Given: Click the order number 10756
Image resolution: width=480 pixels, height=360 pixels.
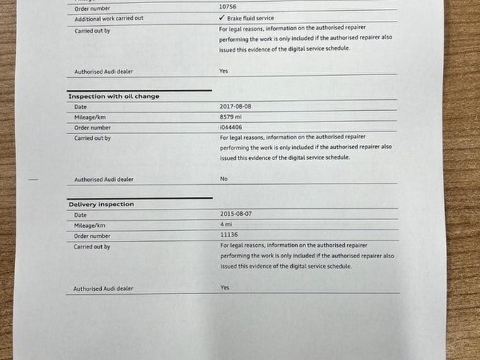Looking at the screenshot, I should tap(228, 7).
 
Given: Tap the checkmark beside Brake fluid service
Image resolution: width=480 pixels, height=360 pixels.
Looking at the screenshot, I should tap(221, 18).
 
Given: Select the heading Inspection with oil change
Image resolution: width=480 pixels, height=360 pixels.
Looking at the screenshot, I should tap(113, 97).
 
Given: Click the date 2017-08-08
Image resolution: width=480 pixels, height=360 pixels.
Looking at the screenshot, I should tap(235, 107).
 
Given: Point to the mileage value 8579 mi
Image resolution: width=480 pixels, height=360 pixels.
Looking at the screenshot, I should tap(232, 117).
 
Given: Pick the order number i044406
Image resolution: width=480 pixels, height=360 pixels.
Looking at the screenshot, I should tap(231, 127).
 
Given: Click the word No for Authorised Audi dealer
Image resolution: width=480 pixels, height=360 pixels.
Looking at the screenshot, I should tap(224, 179).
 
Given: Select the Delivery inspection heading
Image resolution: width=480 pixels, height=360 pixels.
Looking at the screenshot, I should tap(101, 204).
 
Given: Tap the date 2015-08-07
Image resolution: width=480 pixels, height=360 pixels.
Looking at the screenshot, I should tap(236, 214).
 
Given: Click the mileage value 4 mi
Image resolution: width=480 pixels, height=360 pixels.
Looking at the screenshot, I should tap(226, 224).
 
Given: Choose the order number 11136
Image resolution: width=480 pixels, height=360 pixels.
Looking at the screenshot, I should tap(229, 235).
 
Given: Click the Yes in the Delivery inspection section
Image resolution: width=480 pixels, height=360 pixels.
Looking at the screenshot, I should tap(225, 287).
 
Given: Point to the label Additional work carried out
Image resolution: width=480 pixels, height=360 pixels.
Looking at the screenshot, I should tap(109, 18).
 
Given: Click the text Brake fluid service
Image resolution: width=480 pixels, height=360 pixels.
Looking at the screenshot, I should tap(250, 18).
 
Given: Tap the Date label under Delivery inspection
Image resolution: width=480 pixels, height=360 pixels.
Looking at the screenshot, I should tap(80, 215).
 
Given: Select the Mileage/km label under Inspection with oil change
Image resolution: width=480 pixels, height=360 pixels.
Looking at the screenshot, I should tap(90, 117).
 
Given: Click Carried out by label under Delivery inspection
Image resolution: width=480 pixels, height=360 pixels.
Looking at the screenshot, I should tap(92, 247).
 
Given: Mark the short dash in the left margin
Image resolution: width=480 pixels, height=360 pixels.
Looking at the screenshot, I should tap(34, 180).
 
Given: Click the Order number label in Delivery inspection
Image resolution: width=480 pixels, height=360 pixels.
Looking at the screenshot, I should tap(92, 236).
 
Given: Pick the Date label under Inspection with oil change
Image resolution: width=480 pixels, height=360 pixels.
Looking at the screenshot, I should tap(81, 107).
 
